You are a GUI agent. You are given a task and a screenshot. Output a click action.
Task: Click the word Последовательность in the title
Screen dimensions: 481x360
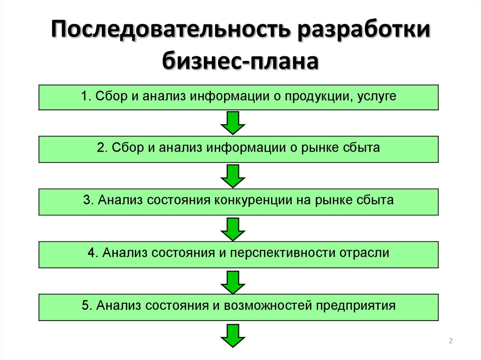(x=170, y=30)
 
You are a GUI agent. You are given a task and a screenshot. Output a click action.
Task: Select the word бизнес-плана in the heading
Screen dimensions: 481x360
(x=240, y=61)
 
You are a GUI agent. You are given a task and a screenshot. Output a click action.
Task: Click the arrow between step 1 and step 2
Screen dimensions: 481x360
(x=233, y=123)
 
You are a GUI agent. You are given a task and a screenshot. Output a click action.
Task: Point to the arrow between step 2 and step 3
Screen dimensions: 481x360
(x=233, y=176)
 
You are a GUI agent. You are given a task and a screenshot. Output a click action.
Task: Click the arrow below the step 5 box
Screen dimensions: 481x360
(x=233, y=336)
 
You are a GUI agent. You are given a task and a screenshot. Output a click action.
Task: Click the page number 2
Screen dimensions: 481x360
(x=450, y=341)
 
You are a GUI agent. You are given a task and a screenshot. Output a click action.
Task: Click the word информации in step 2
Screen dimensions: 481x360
(x=246, y=148)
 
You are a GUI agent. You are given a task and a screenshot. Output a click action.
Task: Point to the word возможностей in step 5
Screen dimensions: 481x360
(x=268, y=306)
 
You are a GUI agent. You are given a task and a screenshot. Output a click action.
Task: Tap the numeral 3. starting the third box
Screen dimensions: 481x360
(x=88, y=200)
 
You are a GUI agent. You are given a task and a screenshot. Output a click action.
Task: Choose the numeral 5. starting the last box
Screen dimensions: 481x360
(x=86, y=306)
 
